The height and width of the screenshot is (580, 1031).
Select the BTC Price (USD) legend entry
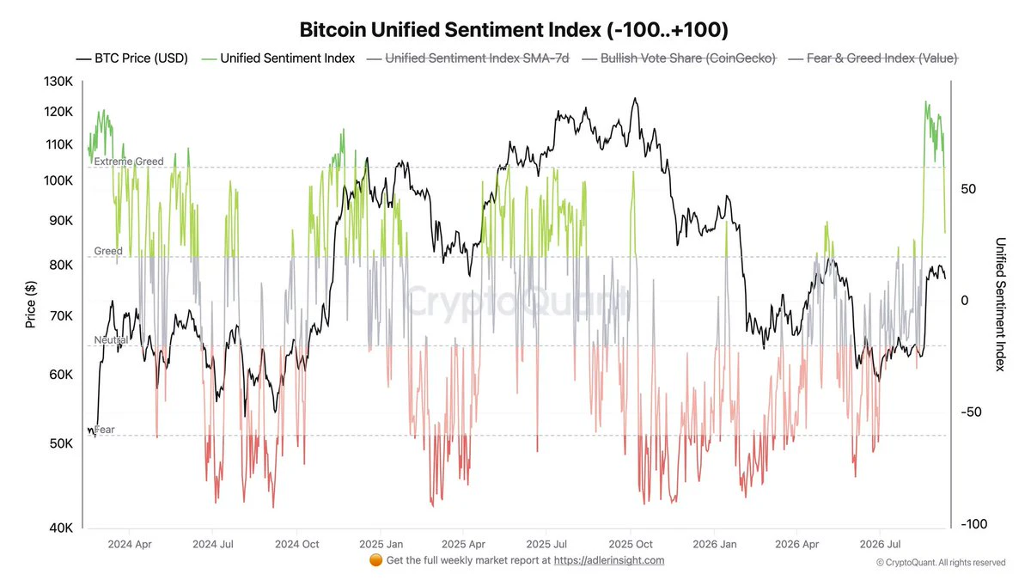(132, 58)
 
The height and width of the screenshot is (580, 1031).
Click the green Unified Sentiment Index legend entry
(278, 58)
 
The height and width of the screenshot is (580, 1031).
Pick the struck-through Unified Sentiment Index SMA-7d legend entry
(468, 58)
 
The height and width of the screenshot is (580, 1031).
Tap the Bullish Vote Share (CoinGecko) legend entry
(679, 58)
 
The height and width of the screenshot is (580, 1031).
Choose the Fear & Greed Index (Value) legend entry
(873, 58)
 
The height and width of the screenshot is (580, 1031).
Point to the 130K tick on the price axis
(58, 82)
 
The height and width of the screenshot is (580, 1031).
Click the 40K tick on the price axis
(61, 528)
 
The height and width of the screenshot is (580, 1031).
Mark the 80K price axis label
(61, 266)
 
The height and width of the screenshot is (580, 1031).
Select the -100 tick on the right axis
(974, 524)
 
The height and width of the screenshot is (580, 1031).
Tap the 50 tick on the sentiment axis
(968, 189)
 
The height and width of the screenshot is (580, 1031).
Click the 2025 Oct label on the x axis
(631, 544)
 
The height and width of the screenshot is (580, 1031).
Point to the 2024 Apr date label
(130, 544)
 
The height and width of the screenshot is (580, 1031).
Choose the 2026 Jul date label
(880, 544)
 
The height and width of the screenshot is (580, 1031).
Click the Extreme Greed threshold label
(129, 162)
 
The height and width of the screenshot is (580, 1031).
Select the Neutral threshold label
(111, 340)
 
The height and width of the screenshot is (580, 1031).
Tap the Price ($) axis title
(30, 304)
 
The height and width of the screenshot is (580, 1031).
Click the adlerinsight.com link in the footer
(609, 560)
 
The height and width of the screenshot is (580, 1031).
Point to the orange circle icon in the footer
(375, 560)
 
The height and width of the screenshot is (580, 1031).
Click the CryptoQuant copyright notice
(941, 563)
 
